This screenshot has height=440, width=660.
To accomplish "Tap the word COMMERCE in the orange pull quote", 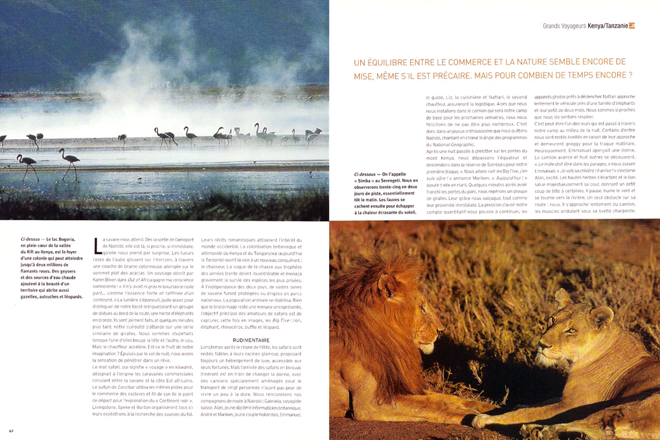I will pos(468,62).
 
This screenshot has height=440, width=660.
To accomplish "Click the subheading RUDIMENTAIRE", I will pos(251,340).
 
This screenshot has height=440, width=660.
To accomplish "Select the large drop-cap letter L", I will pos(98,246).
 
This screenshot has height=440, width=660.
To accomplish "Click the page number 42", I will pos(11,430).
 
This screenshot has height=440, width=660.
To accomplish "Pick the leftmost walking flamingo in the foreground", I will pos(27,167).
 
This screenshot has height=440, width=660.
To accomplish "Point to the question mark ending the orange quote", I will pos(630,75).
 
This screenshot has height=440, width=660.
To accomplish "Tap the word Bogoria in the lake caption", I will pos(73,239).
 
